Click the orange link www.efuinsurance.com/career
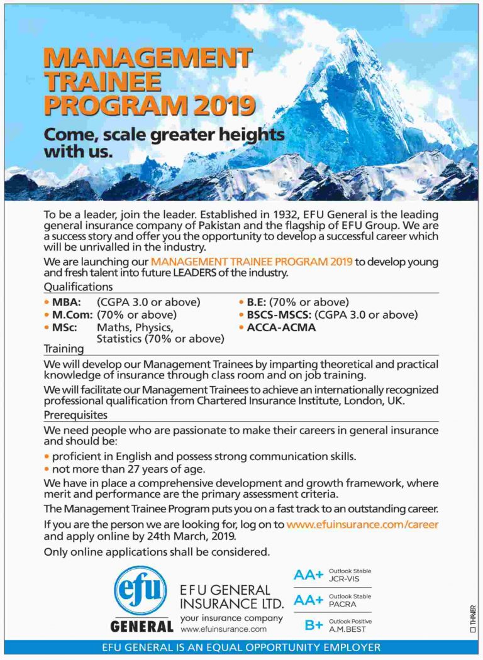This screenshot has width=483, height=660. (x=362, y=524)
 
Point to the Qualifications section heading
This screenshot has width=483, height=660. (x=78, y=287)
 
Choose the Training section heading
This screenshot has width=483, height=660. (x=64, y=348)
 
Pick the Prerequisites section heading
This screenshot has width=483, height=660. (x=75, y=415)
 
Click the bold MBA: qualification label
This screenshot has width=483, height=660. (x=66, y=302)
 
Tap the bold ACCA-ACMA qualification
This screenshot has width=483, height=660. (x=281, y=327)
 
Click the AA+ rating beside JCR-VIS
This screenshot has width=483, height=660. (x=308, y=575)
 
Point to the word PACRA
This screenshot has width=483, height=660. (x=342, y=605)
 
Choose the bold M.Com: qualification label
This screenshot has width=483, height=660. (x=72, y=314)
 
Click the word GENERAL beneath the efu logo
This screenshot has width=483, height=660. (x=142, y=626)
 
